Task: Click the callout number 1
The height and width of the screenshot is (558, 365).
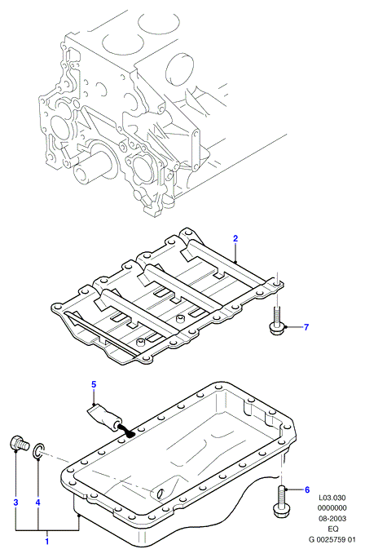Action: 46,542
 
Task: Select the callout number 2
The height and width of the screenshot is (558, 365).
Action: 235,238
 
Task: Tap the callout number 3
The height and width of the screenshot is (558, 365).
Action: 15,503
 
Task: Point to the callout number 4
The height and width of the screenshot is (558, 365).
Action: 38,503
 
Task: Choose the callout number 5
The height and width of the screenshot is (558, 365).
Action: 94,384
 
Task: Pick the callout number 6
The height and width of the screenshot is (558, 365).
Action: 307,490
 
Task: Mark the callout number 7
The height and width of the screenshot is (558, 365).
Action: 306,326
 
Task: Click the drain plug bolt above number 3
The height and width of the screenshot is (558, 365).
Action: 18,443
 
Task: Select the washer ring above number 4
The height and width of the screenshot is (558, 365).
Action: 39,449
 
